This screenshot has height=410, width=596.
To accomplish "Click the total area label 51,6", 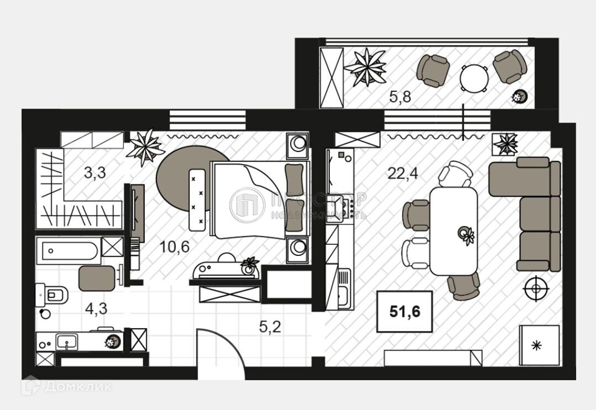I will (405, 311).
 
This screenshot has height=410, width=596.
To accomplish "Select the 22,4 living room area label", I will (403, 173).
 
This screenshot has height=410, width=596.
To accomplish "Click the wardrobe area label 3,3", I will (95, 172).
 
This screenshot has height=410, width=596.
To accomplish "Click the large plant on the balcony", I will (365, 66).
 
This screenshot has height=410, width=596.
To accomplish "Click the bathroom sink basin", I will (66, 341).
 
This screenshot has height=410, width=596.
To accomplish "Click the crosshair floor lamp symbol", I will (535, 289).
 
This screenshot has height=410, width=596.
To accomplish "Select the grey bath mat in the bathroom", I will (97, 278).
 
